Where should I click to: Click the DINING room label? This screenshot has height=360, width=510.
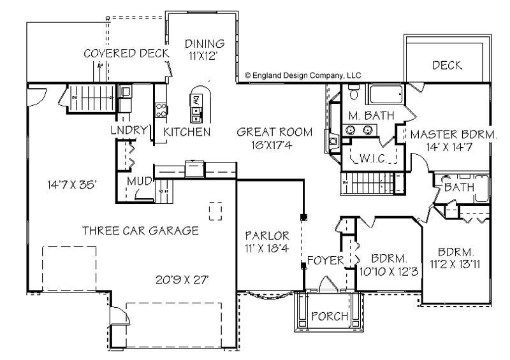[205, 43]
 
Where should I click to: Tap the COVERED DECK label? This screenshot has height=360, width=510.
[126, 54]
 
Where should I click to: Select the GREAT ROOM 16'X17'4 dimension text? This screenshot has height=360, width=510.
[272, 145]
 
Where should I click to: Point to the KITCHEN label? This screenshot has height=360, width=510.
[187, 132]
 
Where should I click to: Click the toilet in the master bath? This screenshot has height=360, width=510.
[353, 92]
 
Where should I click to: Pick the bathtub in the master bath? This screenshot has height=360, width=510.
[385, 94]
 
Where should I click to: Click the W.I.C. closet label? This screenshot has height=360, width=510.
[374, 159]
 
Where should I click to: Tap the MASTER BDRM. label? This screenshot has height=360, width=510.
[454, 134]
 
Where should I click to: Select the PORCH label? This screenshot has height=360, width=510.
[330, 316]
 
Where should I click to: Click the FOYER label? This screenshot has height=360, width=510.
[325, 260]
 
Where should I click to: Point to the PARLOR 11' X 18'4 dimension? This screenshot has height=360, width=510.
[267, 248]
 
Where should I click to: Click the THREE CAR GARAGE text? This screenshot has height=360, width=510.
[140, 231]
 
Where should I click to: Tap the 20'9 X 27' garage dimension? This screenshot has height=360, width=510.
[182, 280]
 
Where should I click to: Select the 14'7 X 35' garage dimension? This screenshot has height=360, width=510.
[72, 185]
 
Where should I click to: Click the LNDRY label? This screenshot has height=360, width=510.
[129, 130]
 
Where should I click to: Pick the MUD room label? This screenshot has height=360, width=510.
[139, 181]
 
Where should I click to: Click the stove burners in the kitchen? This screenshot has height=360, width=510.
[161, 110]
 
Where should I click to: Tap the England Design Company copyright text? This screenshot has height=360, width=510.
[303, 76]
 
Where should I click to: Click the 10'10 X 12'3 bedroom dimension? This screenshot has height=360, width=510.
[389, 271]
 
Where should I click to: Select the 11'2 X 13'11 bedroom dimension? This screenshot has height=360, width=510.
[455, 264]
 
